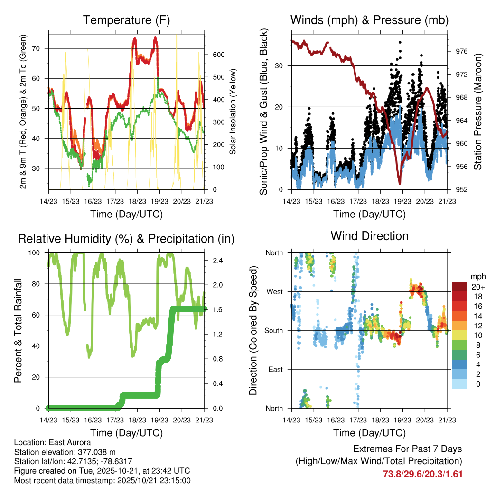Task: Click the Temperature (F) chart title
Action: pyautogui.click(x=126, y=20)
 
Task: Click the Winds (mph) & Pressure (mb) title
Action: pyautogui.click(x=369, y=20)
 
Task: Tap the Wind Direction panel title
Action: pyautogui.click(x=369, y=235)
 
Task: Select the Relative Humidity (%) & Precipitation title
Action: pyautogui.click(x=126, y=238)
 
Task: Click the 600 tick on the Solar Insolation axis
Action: pyautogui.click(x=218, y=55)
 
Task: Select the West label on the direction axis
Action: pyautogui.click(x=274, y=291)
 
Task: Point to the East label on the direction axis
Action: pyautogui.click(x=275, y=369)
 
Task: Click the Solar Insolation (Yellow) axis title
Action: pyautogui.click(x=233, y=112)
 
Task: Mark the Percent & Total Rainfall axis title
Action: pyautogui.click(x=18, y=330)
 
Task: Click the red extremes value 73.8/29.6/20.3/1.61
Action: pyautogui.click(x=422, y=474)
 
